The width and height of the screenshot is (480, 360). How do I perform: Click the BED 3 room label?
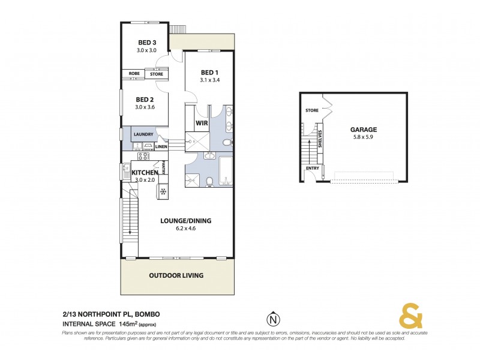coord(147,42)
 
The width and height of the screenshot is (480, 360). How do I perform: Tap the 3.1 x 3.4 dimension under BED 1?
coord(209,80)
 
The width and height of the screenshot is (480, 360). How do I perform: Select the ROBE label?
coord(134,74)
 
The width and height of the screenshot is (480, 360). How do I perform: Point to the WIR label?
coord(202,124)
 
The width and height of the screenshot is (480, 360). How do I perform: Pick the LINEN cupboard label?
coord(161,146)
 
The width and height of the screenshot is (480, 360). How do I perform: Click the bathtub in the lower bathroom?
coord(227,173)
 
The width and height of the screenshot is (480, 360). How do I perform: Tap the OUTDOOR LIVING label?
coord(176,275)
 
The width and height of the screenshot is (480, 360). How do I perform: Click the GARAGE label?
coord(364,128)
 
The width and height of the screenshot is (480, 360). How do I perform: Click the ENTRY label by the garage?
coord(312,168)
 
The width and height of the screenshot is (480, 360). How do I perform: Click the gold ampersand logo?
coord(409,317)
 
